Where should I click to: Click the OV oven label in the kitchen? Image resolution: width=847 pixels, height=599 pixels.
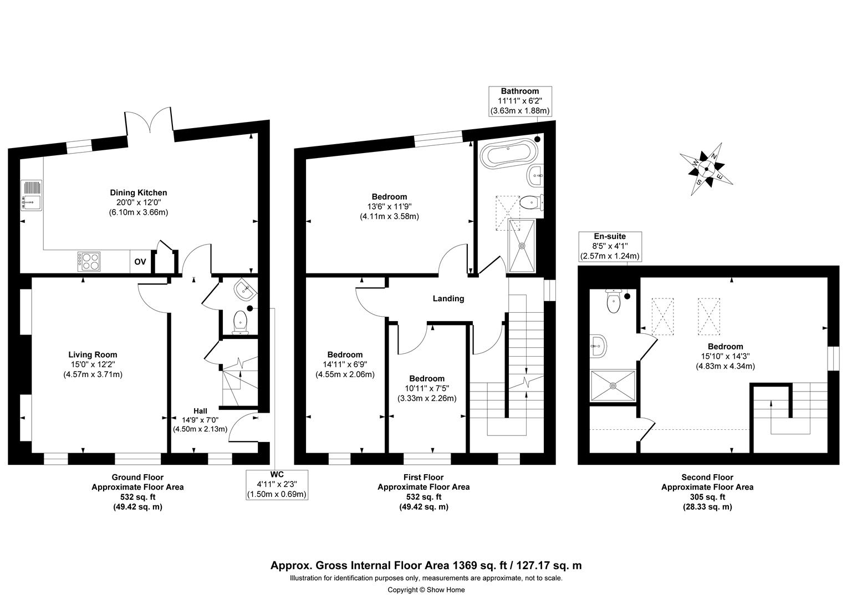pyautogui.click(x=140, y=262)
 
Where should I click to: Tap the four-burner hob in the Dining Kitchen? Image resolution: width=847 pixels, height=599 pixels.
pyautogui.click(x=89, y=261)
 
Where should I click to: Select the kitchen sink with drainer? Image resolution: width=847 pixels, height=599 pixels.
pyautogui.click(x=32, y=195)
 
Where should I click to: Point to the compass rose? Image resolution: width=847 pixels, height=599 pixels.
pyautogui.click(x=706, y=169)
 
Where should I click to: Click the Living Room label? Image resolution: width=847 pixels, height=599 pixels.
pyautogui.click(x=93, y=354)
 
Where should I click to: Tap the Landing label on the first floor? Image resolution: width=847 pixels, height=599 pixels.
pyautogui.click(x=448, y=298)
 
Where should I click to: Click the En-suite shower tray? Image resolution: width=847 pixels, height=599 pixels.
pyautogui.click(x=613, y=385)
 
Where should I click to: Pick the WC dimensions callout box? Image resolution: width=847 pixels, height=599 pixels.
pyautogui.click(x=277, y=485)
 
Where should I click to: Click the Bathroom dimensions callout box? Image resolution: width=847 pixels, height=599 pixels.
pyautogui.click(x=520, y=101)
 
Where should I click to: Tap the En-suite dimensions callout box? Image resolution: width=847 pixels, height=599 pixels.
pyautogui.click(x=610, y=246)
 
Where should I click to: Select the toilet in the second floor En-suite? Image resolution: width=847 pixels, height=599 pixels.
pyautogui.click(x=613, y=301)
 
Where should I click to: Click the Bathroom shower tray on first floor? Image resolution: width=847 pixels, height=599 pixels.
pyautogui.click(x=522, y=246)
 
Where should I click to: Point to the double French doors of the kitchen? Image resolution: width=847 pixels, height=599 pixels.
pyautogui.click(x=149, y=120)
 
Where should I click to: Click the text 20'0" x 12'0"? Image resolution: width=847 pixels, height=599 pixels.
pyautogui.click(x=139, y=202)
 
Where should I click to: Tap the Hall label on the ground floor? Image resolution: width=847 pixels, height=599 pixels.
pyautogui.click(x=200, y=411)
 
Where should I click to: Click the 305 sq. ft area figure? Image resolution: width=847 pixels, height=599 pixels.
pyautogui.click(x=707, y=497)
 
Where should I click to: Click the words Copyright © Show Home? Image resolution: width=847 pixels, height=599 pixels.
pyautogui.click(x=426, y=590)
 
